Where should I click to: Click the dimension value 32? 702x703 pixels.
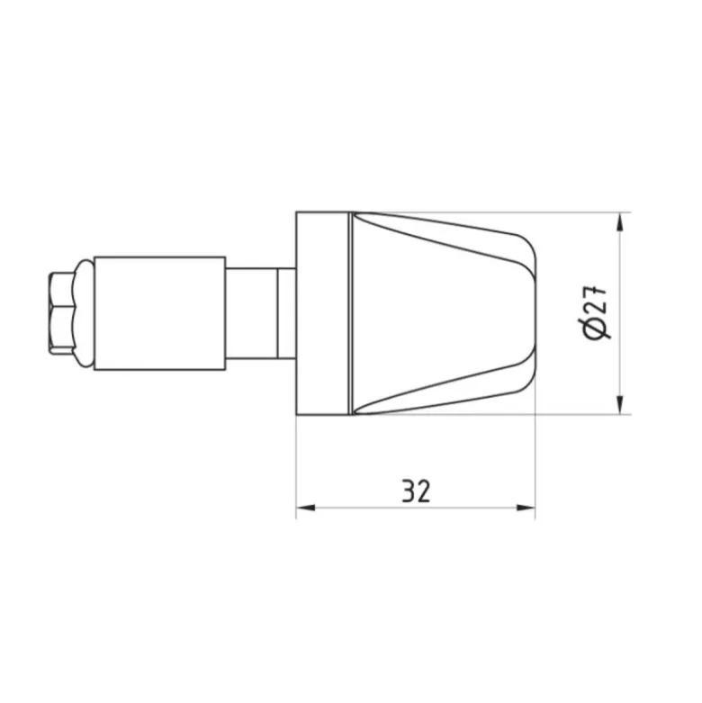click(x=416, y=491)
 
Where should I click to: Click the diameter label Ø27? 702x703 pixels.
click(x=596, y=311)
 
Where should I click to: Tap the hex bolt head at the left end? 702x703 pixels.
click(x=62, y=313)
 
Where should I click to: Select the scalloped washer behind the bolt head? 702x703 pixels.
click(x=85, y=313)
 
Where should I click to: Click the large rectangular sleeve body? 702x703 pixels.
click(x=160, y=313)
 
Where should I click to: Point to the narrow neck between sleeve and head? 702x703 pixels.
click(x=252, y=313)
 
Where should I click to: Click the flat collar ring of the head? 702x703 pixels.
click(x=322, y=313)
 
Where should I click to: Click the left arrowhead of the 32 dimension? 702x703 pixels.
click(x=305, y=508)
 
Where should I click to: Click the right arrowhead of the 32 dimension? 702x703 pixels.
click(x=526, y=508)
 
